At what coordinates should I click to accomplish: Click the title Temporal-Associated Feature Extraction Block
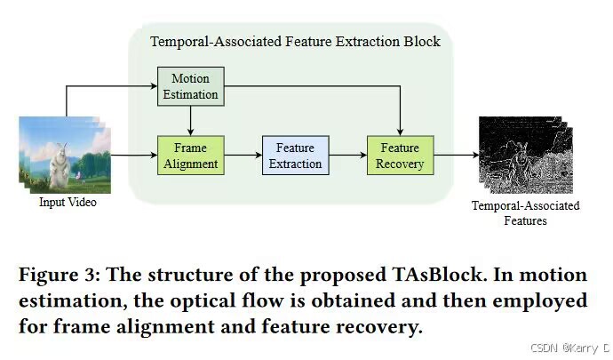(x=295, y=41)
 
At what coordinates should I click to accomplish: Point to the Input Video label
(x=67, y=203)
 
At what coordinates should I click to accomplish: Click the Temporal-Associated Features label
(x=525, y=213)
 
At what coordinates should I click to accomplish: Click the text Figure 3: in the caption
(x=56, y=273)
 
